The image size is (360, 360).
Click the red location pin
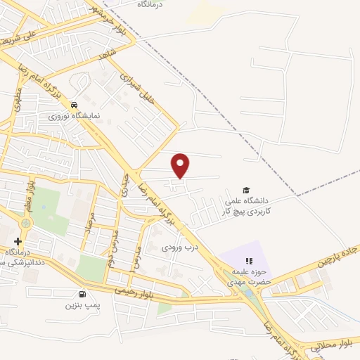181,165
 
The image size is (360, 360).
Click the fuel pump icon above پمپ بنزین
84,294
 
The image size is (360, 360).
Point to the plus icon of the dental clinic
18,241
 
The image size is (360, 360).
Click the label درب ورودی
176,247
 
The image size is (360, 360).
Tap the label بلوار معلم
31,193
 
